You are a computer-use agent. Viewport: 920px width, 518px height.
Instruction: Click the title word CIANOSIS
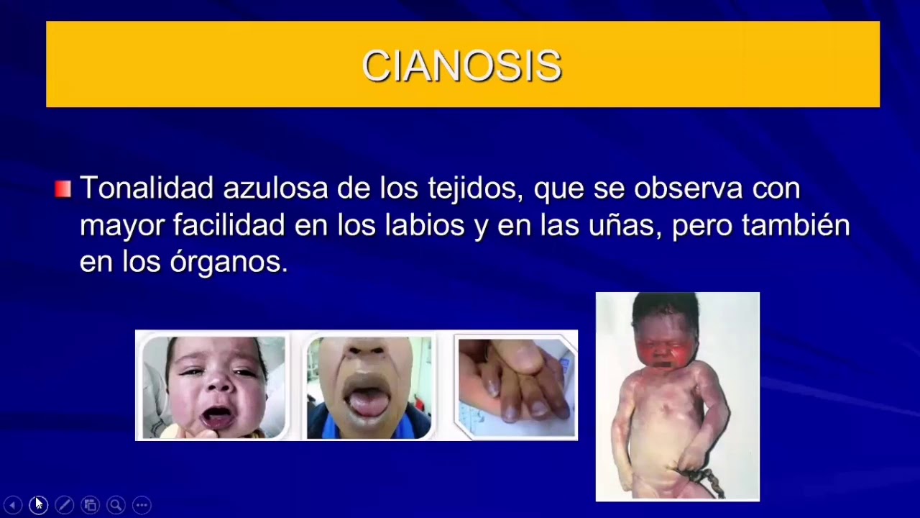point(461,66)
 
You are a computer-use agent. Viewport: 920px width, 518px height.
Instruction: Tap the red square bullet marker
point(63,189)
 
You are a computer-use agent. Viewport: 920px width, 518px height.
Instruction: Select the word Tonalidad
point(147,188)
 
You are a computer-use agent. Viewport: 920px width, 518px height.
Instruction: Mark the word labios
point(425,225)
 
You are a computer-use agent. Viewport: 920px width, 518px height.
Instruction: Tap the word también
point(796,225)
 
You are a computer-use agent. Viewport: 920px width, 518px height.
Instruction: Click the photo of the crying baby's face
point(213,386)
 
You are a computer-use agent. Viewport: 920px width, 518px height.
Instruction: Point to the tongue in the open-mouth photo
point(368,404)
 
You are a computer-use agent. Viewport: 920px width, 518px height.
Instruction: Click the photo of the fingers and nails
point(515,386)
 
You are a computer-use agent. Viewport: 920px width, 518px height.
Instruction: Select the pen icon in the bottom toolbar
point(64,505)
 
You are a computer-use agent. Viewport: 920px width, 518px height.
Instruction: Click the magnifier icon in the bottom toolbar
point(116,505)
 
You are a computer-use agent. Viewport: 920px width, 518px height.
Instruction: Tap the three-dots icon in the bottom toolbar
point(142,505)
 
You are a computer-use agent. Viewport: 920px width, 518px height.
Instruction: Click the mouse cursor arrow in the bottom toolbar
point(38,504)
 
